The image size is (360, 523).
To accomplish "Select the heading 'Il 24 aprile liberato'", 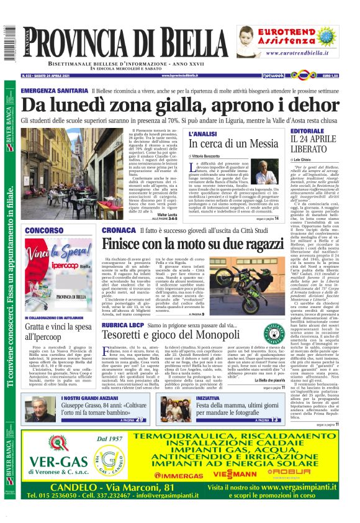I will click(312, 140).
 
